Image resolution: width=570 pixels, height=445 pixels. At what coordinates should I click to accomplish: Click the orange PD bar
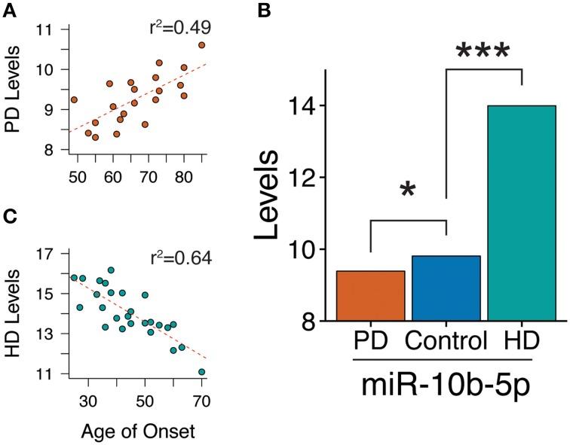370,296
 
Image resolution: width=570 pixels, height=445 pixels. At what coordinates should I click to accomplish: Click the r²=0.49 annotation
179,29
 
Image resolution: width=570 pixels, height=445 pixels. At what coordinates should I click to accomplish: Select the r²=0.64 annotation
179,260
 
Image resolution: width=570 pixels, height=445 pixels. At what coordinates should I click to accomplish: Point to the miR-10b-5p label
446,391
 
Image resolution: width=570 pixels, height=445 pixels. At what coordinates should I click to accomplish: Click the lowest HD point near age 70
201,371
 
